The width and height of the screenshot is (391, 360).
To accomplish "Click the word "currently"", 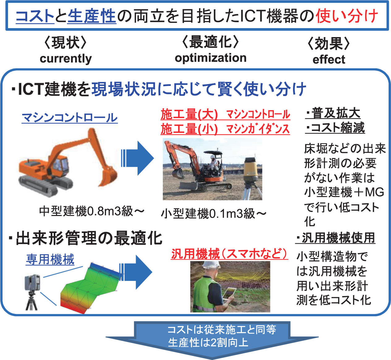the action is pos(66,59).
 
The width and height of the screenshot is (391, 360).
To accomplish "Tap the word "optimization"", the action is pos(211,58).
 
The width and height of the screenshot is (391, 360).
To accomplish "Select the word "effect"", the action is pos(329,59).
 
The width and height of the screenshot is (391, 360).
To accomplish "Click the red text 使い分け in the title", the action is pos(346,15).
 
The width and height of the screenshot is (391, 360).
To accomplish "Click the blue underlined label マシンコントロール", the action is pos(70,118).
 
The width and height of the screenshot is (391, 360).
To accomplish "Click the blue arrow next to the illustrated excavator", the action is pos(138,158).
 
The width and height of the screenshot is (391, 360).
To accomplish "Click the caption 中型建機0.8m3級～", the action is pos(92,211).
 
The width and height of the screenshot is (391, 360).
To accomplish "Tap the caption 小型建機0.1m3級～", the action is pos(214,214).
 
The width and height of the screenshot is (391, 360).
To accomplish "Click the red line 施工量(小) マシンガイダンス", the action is pos(225,129).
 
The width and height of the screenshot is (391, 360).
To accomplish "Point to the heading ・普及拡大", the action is pos(333,113).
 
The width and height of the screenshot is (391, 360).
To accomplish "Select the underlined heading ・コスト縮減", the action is pos(335,128).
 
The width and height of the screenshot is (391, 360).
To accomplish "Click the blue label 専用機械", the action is pos(50,259).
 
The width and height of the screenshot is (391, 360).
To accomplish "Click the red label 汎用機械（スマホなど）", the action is pos(230,254).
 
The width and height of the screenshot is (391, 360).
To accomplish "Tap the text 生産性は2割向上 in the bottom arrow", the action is pos(208,342).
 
